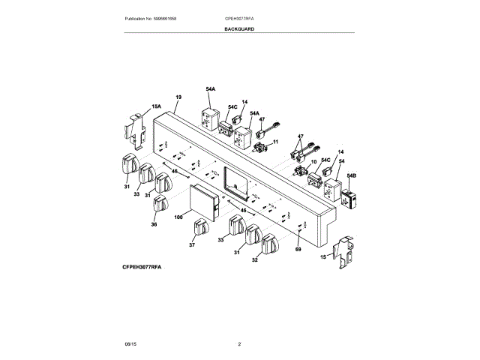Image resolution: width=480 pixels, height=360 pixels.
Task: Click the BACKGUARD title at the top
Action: [x=238, y=28]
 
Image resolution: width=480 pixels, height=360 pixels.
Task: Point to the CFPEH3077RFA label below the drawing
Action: [x=142, y=267]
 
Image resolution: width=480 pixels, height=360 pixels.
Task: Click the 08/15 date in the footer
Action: [x=130, y=343]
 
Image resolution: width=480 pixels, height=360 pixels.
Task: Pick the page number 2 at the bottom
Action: [x=239, y=343]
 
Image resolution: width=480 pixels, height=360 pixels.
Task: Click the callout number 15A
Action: [x=157, y=107]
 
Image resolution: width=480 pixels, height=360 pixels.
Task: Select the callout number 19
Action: [x=178, y=98]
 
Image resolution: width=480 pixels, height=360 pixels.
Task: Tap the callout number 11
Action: [x=274, y=142]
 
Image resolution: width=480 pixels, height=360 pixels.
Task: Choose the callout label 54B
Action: [x=352, y=175]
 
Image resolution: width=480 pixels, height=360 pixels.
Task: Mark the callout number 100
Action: [x=178, y=217]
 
